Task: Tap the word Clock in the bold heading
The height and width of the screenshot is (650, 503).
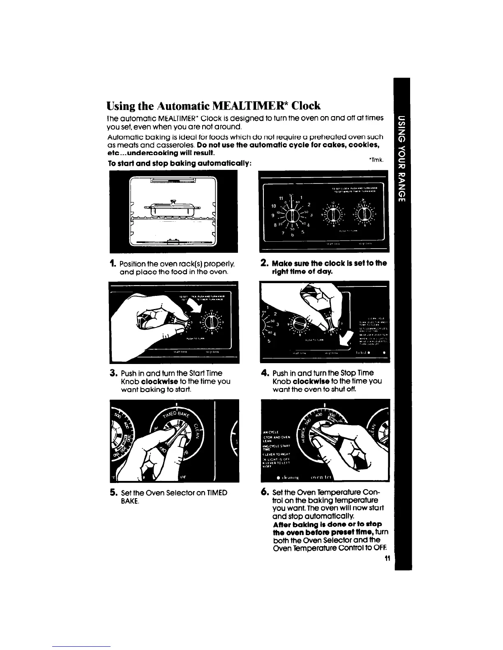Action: pos(306,105)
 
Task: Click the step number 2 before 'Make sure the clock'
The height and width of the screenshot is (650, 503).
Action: pos(265,263)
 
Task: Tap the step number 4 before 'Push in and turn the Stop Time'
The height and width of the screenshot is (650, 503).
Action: pos(265,373)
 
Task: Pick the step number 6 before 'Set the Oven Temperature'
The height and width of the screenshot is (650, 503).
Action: pos(265,492)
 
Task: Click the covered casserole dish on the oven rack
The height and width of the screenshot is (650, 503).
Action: pos(172,208)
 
